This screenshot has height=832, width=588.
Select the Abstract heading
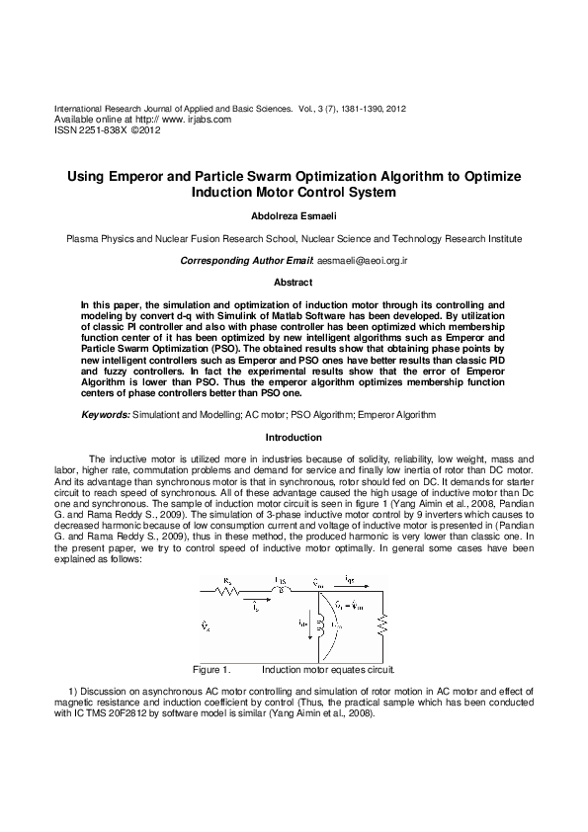[x=293, y=282]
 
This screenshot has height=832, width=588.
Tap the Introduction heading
[x=294, y=437]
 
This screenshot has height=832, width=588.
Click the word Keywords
[x=104, y=414]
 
